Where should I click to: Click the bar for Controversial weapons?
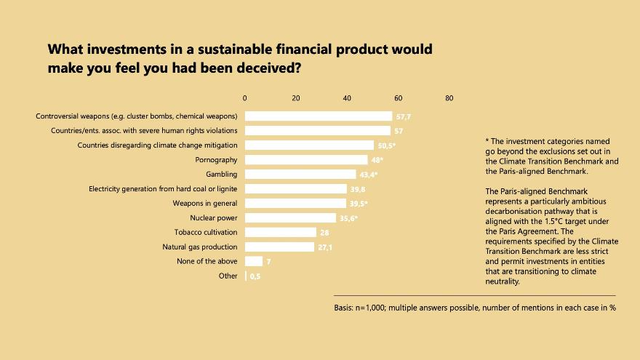[x=318, y=116]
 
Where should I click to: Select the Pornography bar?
[x=306, y=159]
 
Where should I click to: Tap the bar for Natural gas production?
[x=279, y=247]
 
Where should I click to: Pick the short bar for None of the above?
[x=254, y=261]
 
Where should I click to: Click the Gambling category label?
[x=222, y=174]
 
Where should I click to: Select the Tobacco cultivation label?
[x=206, y=232]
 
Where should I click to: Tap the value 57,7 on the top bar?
[x=404, y=116]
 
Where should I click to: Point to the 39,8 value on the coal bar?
[x=357, y=189]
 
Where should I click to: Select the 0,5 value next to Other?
[x=255, y=276]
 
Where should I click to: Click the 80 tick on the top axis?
[x=449, y=98]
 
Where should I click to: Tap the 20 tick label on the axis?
[x=296, y=98]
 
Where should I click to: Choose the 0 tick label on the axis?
[x=245, y=98]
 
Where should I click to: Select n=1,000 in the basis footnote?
[x=372, y=308]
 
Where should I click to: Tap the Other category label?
[x=228, y=276]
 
